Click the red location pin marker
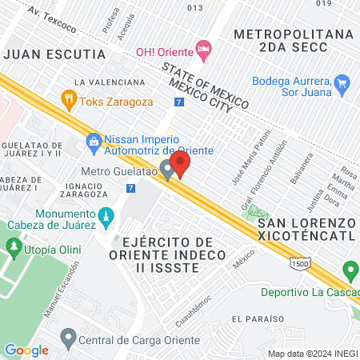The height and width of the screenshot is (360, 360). click(x=181, y=164)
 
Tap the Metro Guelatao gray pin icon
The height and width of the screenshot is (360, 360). click(x=167, y=170)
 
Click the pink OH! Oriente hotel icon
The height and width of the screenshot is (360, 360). click(x=204, y=50)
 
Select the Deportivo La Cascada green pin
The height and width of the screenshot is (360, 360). click(x=348, y=270)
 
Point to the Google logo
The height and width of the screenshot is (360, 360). click(x=26, y=350)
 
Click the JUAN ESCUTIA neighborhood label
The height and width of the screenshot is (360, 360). click(x=54, y=54)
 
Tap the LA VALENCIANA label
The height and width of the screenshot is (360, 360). click(x=109, y=82)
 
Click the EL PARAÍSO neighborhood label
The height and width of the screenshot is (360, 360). click(x=258, y=319)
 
